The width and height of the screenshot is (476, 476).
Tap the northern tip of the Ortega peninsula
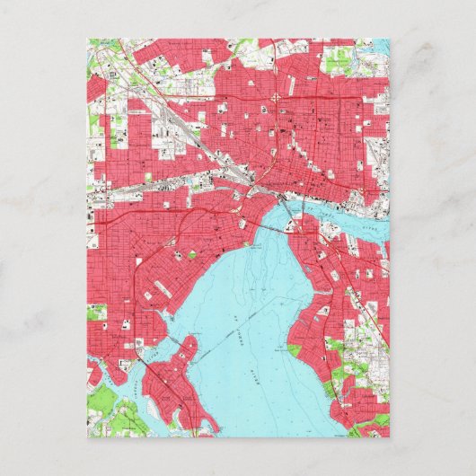click(191, 339)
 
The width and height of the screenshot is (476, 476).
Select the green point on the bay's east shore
click(292, 347)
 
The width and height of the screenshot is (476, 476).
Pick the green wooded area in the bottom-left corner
click(112, 418)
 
